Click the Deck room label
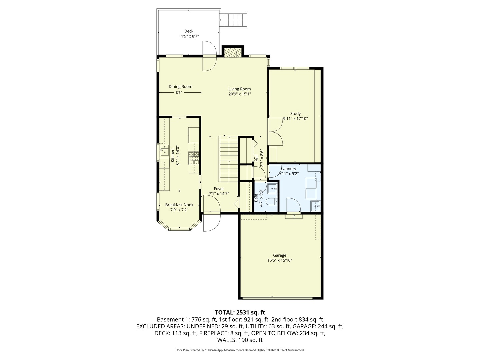point(189,31)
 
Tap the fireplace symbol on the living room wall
point(232,53)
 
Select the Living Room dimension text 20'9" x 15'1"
point(239,94)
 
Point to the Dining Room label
point(180,86)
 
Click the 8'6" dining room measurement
point(179,93)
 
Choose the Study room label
point(295,113)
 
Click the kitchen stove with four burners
point(194,158)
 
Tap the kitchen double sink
point(164,150)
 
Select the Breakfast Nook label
point(179,205)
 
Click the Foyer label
point(219,189)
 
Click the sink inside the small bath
point(272,189)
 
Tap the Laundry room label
point(288,169)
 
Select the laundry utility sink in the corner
point(315,206)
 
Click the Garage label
point(279,255)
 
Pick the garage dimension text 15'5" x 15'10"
point(279,261)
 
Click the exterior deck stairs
point(235,20)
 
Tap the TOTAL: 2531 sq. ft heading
point(240,312)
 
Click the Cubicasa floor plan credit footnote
point(240,350)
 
